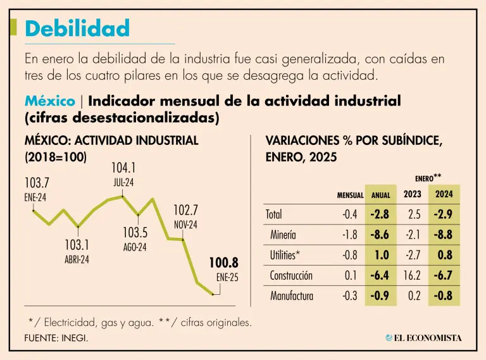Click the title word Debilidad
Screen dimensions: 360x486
click(77, 28)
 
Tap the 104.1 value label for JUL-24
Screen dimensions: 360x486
click(123, 168)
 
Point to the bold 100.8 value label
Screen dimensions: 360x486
click(224, 263)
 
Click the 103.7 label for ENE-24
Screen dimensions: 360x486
click(37, 183)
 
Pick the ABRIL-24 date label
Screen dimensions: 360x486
click(77, 259)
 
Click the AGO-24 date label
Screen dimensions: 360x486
click(135, 247)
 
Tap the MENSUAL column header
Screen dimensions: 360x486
click(350, 196)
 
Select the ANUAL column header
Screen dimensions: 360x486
click(381, 196)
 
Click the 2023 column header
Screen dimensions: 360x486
click(413, 194)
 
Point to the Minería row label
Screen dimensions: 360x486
click(283, 235)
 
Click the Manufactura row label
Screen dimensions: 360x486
click(292, 295)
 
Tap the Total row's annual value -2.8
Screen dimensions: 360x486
click(380, 214)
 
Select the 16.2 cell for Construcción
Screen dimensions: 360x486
click(412, 275)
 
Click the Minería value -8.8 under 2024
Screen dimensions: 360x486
click(443, 235)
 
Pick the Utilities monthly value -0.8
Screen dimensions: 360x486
click(350, 255)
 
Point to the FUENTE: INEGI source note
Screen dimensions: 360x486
click(56, 338)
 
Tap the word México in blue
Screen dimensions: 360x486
click(47, 101)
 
